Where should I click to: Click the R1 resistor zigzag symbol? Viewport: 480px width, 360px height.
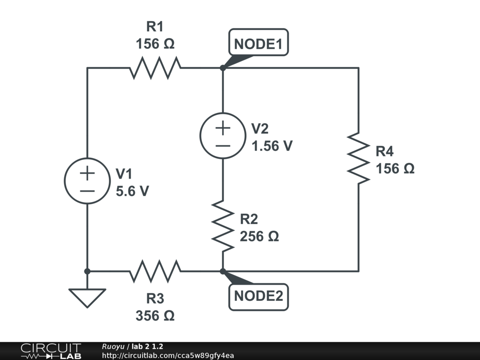click(155, 68)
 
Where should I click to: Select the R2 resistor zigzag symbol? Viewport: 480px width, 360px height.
click(223, 225)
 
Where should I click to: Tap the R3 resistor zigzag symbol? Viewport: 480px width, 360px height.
click(155, 271)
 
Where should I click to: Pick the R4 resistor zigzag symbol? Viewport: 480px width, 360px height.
click(359, 158)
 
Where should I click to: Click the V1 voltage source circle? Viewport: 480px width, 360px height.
click(87, 181)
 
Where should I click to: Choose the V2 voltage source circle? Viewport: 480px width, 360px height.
click(223, 136)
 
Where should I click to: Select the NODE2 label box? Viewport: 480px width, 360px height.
click(258, 296)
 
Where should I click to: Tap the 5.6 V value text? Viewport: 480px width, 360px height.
click(132, 191)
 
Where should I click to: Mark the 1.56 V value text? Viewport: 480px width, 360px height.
click(272, 146)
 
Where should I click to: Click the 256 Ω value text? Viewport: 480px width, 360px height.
click(259, 237)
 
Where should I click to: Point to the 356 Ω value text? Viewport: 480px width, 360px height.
click(155, 316)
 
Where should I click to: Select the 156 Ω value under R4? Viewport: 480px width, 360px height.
click(395, 169)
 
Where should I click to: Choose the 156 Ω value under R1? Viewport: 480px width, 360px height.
click(155, 44)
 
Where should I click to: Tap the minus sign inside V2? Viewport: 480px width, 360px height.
click(223, 145)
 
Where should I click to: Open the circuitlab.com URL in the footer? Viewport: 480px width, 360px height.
click(167, 355)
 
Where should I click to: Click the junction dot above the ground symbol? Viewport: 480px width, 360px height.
click(87, 271)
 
